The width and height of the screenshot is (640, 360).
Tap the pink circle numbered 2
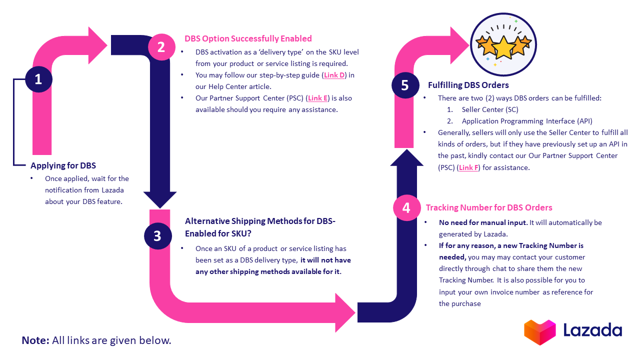pos(161,47)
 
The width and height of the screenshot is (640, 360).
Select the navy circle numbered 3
pos(157,235)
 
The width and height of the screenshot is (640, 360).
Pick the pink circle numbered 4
pos(406,207)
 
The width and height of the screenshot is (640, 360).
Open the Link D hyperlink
pos(334,75)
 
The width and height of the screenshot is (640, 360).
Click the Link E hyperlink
pos(318,98)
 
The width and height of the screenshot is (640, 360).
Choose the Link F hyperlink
pos(468,167)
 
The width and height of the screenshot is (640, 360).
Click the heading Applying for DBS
pos(63,165)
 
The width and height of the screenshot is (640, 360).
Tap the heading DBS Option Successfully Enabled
pos(248,38)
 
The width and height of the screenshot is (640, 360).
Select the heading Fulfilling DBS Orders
pos(468,85)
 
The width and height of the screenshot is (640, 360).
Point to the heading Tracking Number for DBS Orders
pos(489,207)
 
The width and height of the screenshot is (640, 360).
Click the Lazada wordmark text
pos(592,330)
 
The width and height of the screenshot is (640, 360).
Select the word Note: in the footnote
pos(35,340)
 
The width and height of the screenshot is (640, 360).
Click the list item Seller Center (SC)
pos(490,109)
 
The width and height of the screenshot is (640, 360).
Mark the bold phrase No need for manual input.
pos(482,222)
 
